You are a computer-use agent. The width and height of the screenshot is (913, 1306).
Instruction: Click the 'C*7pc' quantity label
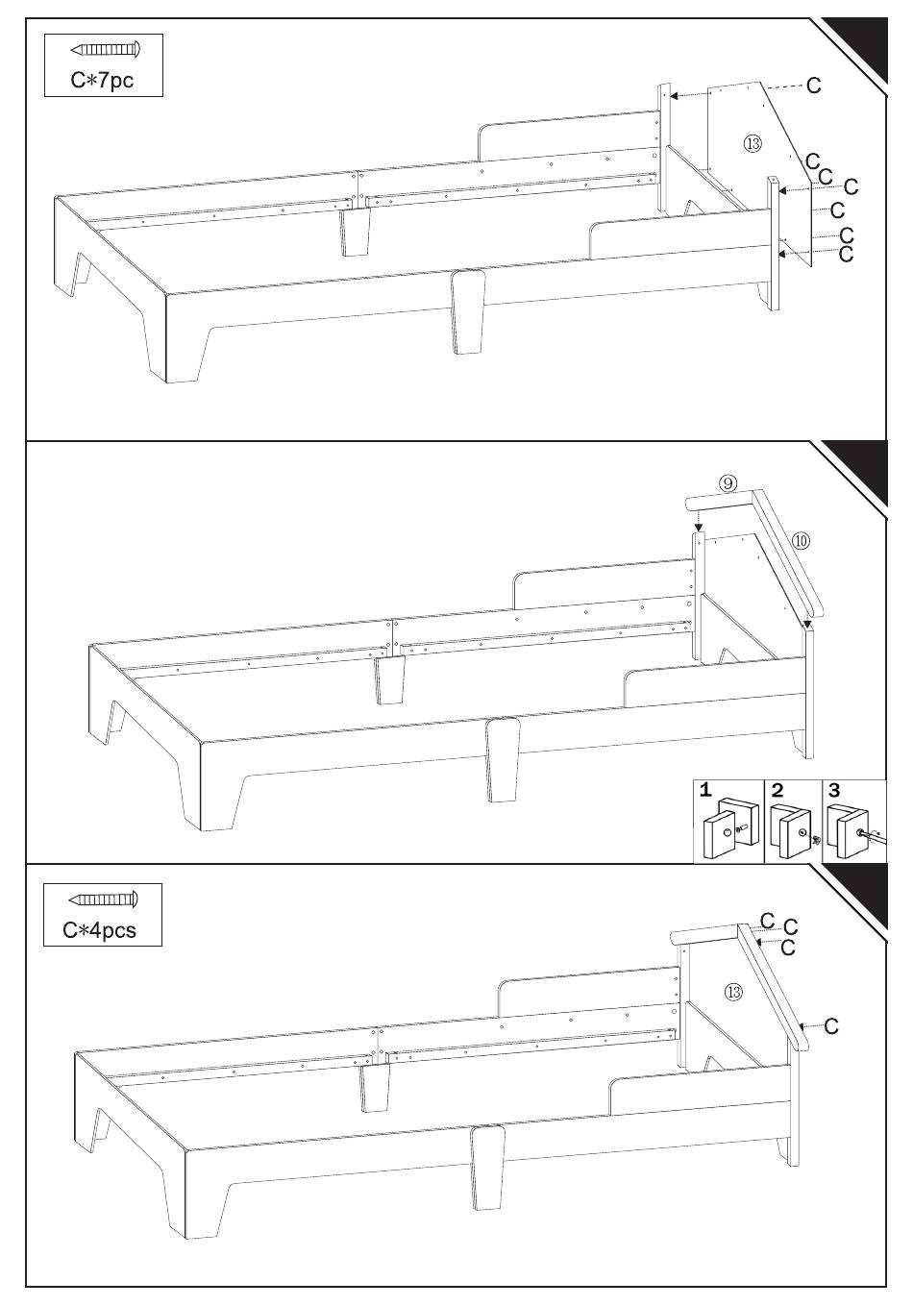[102, 81]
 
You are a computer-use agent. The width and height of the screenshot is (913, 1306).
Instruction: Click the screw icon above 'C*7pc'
[106, 50]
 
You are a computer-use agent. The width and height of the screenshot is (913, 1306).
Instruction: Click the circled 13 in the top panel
[753, 143]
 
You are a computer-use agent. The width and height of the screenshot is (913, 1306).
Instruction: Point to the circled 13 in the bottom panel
[734, 991]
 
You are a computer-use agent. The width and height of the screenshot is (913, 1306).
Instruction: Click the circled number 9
[727, 483]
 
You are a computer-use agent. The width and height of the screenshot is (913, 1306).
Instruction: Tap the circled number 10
[802, 541]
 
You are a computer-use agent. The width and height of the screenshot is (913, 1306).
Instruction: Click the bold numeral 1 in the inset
[705, 791]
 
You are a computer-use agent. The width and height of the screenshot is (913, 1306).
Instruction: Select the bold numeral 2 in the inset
[777, 791]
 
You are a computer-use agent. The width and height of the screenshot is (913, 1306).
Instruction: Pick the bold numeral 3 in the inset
[834, 791]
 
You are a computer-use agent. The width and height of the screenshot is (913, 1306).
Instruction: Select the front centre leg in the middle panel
[503, 760]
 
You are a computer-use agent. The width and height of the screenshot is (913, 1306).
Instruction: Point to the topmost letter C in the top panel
[814, 86]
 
